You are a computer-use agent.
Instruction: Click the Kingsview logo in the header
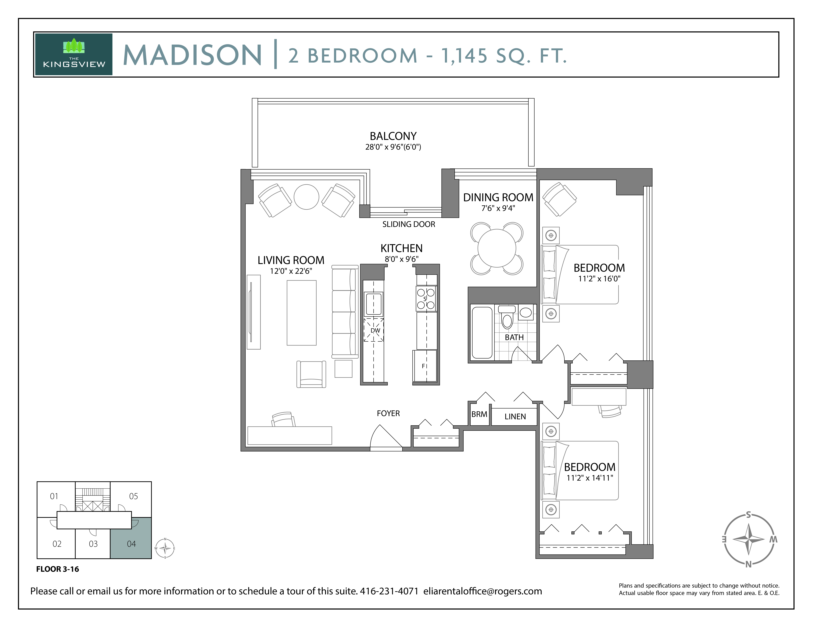pos(74,54)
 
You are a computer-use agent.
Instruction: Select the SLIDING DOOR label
pos(408,224)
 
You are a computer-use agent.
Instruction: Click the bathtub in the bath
pos(482,332)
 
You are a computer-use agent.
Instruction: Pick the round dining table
pos(497,248)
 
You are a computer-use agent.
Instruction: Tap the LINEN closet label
pos(515,417)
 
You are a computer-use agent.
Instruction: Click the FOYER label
pos(388,413)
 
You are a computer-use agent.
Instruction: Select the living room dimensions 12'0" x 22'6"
pos(291,271)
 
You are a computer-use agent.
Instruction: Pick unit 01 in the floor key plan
pos(54,496)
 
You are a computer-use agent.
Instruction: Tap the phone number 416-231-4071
pos(389,591)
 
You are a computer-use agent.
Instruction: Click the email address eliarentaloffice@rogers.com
pos(482,591)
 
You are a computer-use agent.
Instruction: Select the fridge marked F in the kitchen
pos(425,366)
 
